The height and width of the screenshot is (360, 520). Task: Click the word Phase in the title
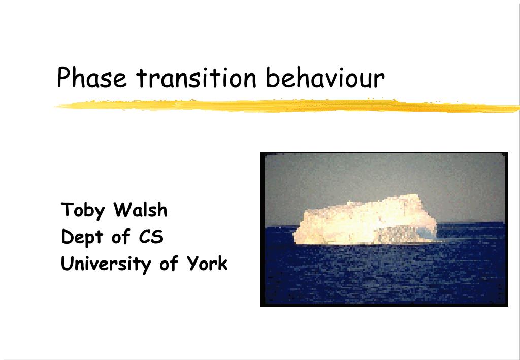[92, 77]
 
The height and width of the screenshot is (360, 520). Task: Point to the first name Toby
[83, 210]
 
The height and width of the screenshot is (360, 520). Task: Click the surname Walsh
[140, 209]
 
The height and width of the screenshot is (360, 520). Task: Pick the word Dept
[82, 237]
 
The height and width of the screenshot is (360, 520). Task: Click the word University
[106, 264]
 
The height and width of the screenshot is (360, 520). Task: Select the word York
[207, 263]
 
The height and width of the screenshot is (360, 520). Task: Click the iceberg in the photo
[365, 220]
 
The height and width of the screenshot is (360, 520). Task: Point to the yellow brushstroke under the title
[287, 106]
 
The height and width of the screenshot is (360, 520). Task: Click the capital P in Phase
[64, 77]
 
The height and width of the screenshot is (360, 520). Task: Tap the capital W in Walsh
[123, 210]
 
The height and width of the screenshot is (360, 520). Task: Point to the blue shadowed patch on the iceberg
[426, 232]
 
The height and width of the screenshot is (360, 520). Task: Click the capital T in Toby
[68, 209]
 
